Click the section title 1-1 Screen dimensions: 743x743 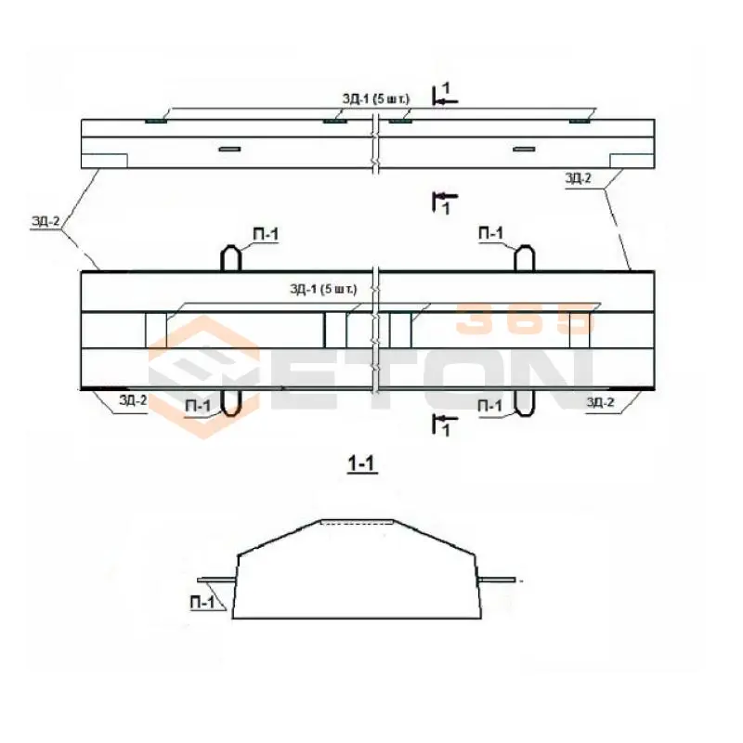coord(362,464)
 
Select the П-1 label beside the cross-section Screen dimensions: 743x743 coord(202,602)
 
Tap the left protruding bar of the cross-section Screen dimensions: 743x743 coord(215,580)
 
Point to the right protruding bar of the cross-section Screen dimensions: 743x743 coord(497,580)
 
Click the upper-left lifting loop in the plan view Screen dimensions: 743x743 coord(231,258)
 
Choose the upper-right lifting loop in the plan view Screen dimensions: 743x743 coord(525,258)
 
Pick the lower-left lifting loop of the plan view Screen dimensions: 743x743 coord(231,403)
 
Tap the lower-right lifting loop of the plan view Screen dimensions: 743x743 coord(525,403)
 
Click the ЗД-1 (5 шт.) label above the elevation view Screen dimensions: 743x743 coord(376,99)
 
